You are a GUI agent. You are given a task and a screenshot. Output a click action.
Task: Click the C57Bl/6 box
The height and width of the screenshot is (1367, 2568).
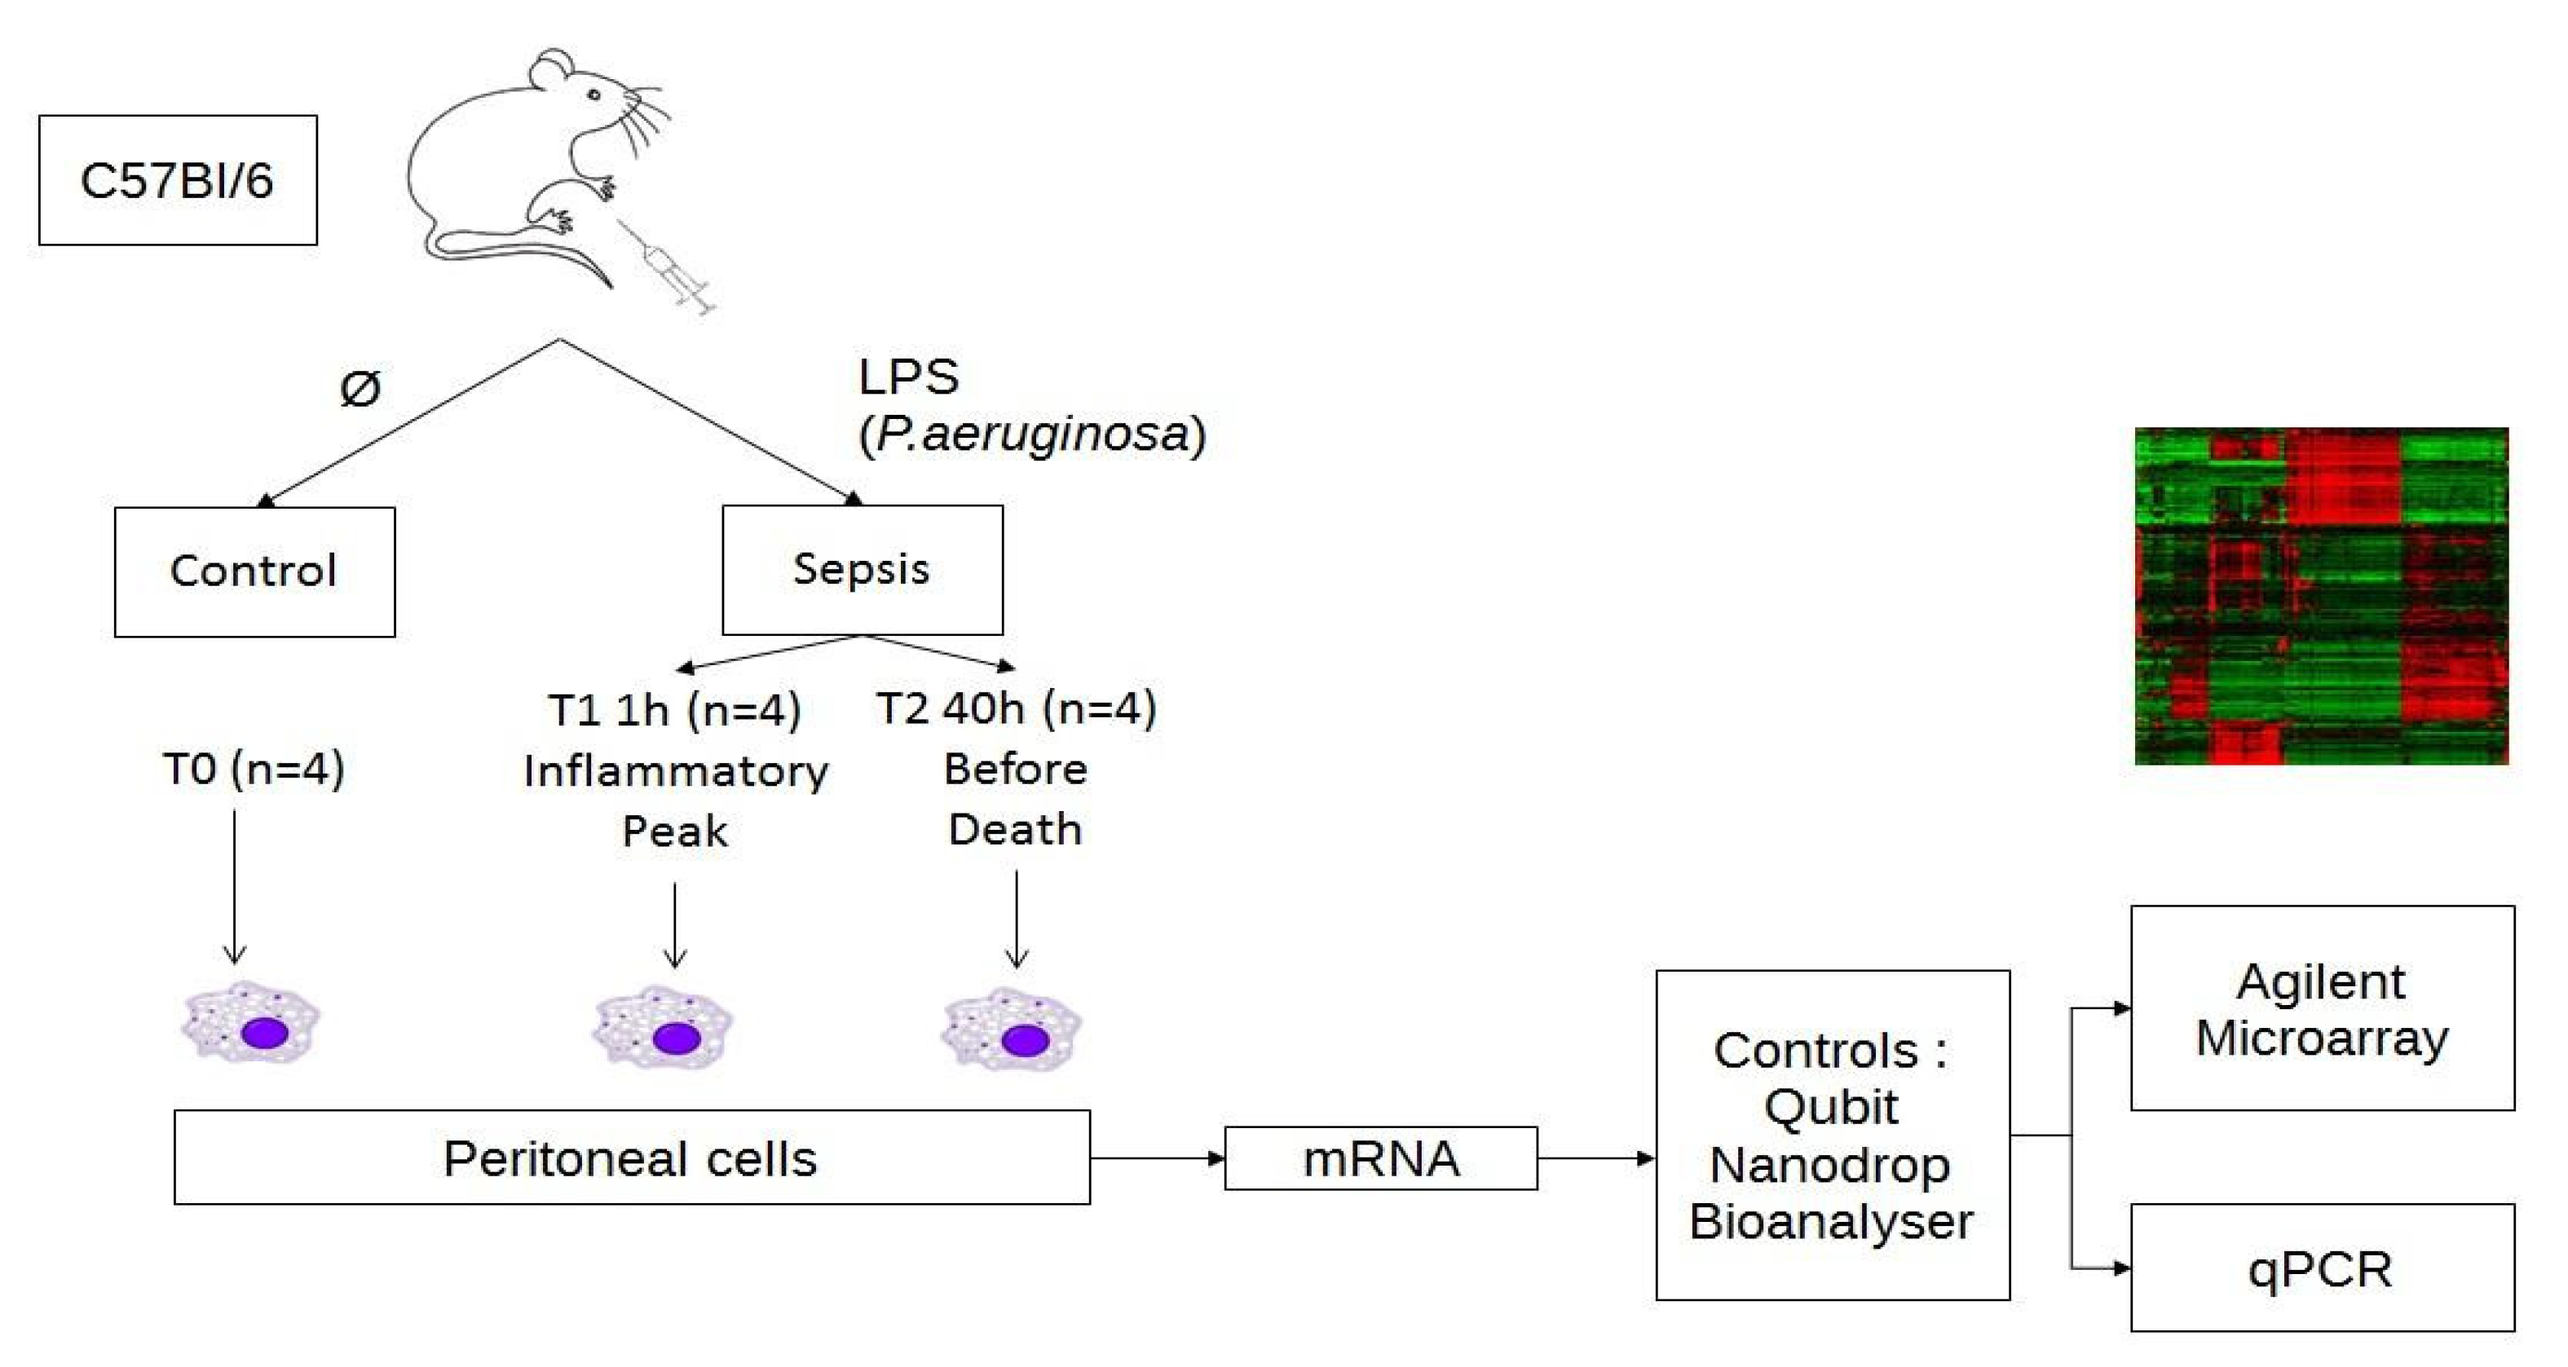click(x=178, y=180)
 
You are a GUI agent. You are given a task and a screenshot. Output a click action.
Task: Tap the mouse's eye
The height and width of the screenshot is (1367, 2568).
click(x=593, y=95)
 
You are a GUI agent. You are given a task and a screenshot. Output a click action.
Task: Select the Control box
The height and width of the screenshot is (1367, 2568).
click(x=254, y=571)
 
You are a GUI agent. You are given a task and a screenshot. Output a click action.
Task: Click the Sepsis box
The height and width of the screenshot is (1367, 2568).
click(x=863, y=569)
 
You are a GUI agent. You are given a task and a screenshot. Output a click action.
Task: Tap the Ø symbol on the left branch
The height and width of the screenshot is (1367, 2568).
click(x=360, y=387)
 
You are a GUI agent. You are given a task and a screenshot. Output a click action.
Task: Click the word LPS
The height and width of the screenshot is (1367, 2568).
click(x=908, y=377)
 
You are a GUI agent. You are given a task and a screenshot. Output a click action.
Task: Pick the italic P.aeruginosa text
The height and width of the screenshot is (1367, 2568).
click(x=1032, y=434)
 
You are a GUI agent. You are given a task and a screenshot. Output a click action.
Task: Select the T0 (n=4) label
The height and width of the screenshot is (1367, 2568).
click(x=254, y=769)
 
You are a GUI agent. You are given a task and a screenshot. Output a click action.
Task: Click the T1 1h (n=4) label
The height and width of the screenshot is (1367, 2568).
click(x=675, y=710)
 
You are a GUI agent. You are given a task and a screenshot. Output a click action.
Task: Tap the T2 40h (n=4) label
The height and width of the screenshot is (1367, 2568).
click(x=1016, y=708)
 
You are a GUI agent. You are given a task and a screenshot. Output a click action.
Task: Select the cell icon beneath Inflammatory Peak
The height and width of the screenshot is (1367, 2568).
click(x=663, y=1029)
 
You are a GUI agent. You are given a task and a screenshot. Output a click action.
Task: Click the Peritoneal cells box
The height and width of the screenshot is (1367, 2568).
click(x=631, y=1158)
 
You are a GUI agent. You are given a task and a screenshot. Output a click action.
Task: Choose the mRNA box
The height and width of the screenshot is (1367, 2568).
click(x=1381, y=1158)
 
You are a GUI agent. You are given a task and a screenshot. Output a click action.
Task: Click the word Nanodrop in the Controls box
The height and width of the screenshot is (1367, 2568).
click(x=1830, y=1165)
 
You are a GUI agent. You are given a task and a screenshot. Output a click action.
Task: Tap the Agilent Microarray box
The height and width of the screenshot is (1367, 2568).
click(x=2322, y=1008)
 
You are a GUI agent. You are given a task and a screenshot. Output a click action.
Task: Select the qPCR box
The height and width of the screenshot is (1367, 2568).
click(x=2322, y=1268)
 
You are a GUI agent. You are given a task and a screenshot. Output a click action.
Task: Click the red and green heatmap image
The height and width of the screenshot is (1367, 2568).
click(x=2321, y=596)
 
